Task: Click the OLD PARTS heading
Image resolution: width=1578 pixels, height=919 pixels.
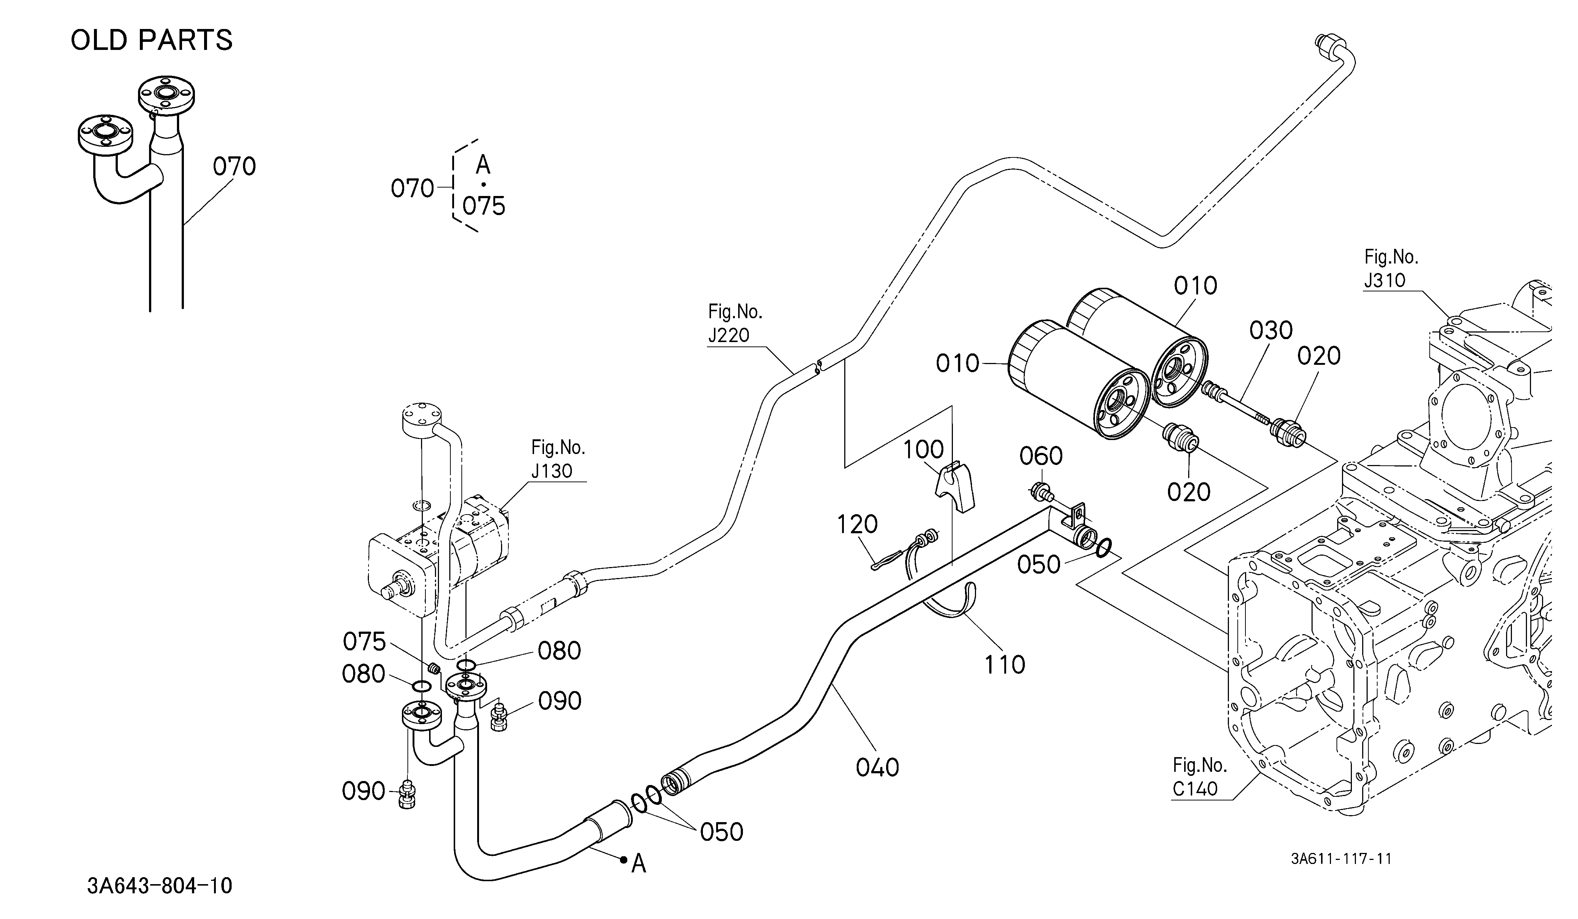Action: coord(152,40)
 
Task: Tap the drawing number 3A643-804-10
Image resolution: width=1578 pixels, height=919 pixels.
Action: coord(160,886)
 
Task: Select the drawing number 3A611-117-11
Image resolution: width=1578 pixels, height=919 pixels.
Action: coord(1341,858)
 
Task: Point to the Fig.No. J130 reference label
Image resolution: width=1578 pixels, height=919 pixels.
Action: coord(558,459)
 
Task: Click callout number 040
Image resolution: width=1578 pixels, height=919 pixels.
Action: coord(877,767)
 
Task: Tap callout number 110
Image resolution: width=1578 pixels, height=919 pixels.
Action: coord(1004,665)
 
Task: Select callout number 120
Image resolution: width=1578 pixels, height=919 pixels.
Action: coord(857,524)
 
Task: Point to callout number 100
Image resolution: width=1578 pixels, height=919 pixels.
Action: coord(924,450)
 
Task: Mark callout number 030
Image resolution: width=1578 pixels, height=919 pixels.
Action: coord(1271,331)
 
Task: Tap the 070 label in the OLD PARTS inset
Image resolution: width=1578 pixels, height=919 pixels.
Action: coord(234,167)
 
